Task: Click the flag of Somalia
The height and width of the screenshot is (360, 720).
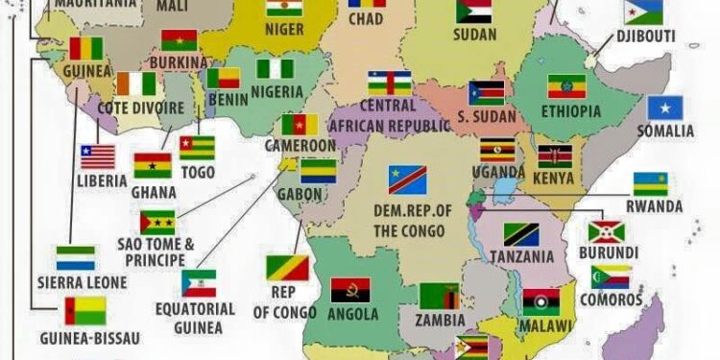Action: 664,108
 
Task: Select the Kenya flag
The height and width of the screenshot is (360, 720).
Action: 555,156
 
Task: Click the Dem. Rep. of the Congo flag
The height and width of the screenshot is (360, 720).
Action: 407,180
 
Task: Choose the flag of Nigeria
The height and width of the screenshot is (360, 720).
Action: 275,70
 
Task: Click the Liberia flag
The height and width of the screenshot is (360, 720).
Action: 97,156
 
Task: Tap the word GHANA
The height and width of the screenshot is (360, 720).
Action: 153,191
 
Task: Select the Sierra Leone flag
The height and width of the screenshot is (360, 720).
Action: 75,257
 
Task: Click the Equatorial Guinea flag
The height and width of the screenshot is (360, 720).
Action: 199,283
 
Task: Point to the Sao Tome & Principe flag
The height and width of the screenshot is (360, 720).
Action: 156,223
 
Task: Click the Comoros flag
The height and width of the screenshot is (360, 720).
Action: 611,277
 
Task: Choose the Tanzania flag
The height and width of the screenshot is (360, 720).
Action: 521,235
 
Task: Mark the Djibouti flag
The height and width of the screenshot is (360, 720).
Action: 642,12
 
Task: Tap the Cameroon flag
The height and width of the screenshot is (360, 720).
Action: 300,125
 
